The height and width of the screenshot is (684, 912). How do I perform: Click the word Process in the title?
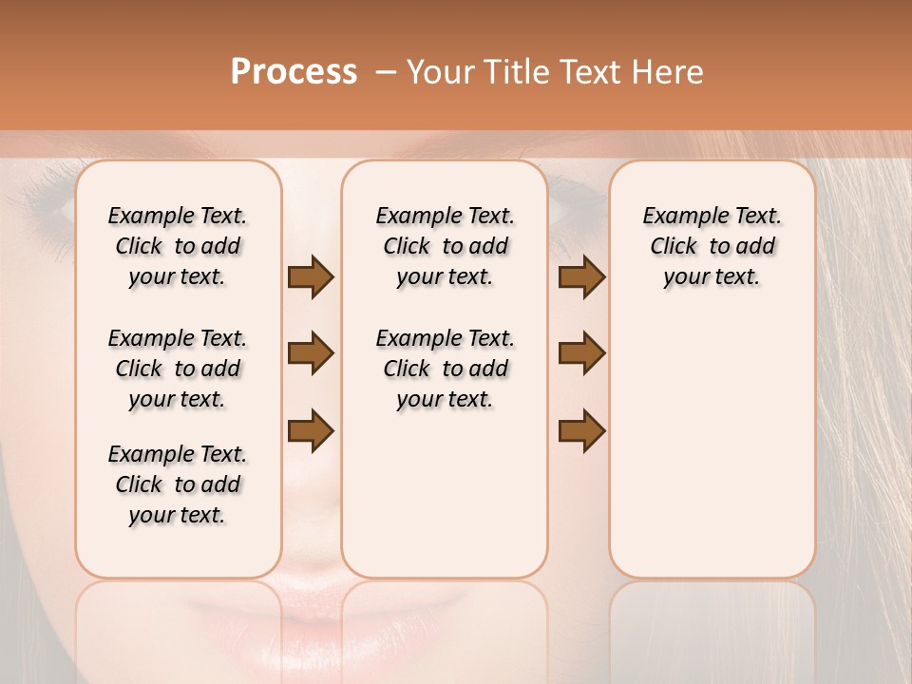pos(294,72)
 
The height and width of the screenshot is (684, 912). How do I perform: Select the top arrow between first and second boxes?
pos(311,277)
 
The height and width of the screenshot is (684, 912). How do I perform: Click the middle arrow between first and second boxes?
pos(311,353)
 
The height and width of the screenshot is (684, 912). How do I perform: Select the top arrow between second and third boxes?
pos(581,277)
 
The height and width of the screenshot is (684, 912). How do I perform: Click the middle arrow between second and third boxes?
pos(581,353)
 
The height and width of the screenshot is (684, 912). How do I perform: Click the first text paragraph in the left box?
pos(178,246)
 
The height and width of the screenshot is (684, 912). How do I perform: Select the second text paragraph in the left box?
pos(178,369)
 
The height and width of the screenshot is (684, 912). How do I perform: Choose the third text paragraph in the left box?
pos(178,484)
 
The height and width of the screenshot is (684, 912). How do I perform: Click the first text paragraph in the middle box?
pos(445,246)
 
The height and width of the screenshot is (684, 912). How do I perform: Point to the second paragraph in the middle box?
pos(445,369)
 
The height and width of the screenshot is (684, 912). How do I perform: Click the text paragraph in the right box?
pos(712,246)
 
